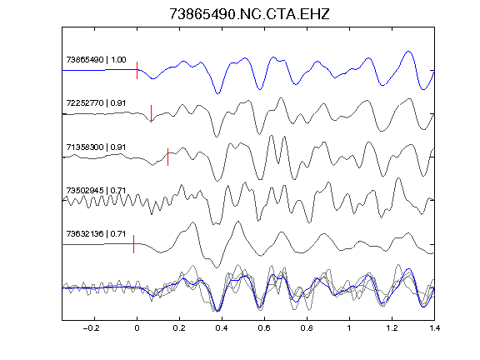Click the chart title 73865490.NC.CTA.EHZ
[x=249, y=14]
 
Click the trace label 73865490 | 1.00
[x=96, y=59]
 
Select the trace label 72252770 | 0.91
[x=96, y=102]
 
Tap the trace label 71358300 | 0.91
[x=96, y=147]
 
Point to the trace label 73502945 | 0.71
[x=96, y=190]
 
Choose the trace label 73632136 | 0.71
[x=96, y=234]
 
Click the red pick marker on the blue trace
[x=137, y=70]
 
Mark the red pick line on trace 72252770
[x=151, y=113]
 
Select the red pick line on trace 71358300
[x=167, y=157]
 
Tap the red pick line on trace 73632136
[x=134, y=244]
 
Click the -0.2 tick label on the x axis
[x=91, y=328]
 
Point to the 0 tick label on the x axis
[x=137, y=328]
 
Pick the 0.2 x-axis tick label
[x=179, y=328]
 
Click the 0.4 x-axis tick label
[x=222, y=328]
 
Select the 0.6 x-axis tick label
[x=264, y=328]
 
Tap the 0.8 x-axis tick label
[x=307, y=328]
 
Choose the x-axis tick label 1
[x=349, y=328]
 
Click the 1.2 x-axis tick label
[x=392, y=328]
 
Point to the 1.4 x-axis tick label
[x=434, y=328]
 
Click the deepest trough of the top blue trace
[x=217, y=93]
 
